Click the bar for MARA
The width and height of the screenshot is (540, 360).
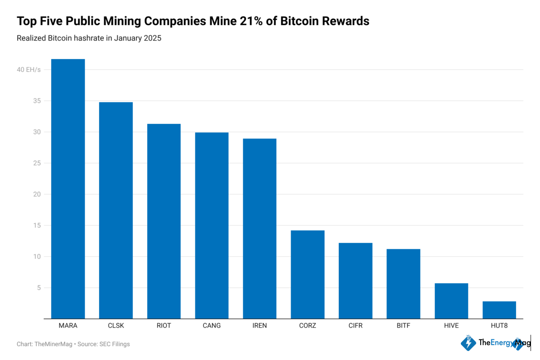point(68,189)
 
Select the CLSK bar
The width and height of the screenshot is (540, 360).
point(116,211)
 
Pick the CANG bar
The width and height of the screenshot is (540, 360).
point(211,225)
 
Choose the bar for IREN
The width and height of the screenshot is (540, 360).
point(260,229)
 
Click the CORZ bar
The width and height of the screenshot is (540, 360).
point(307,274)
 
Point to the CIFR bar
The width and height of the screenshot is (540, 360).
point(355,281)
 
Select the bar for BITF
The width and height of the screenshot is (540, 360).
point(403,284)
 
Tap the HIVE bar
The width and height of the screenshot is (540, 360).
point(451,301)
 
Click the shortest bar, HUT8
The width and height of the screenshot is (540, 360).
point(499,310)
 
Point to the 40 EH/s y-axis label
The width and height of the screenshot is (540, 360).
point(29,70)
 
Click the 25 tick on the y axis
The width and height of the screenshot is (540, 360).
point(36,163)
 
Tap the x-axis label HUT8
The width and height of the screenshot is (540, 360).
point(499,326)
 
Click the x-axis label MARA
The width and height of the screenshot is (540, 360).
point(68,326)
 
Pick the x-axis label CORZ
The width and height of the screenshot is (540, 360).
point(307,326)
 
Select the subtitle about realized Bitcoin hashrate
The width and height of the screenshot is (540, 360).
point(89,38)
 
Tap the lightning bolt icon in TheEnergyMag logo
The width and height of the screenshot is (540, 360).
point(468,343)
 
